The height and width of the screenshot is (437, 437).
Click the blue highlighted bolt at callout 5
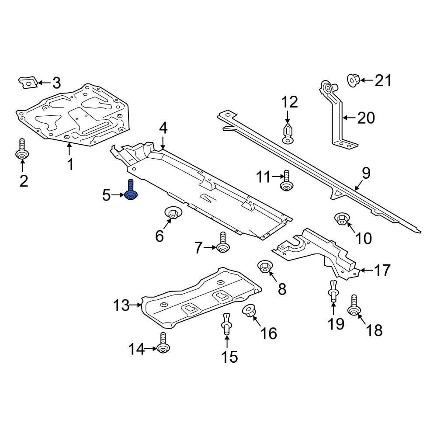click(131, 191)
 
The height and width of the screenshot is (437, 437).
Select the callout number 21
click(383, 80)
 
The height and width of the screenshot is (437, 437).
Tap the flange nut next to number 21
click(354, 80)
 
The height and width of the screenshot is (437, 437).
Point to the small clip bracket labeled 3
click(28, 83)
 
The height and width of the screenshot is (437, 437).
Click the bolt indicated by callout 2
click(22, 149)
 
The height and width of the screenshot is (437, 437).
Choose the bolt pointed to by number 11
click(287, 181)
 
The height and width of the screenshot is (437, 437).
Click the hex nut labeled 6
click(173, 213)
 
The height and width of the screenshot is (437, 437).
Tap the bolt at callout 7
click(223, 243)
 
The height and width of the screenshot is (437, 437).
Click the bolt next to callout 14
click(163, 343)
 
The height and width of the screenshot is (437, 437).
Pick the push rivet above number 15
click(226, 324)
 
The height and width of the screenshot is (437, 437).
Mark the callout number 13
click(121, 305)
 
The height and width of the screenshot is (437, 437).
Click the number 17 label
click(382, 271)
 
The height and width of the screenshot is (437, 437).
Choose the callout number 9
click(366, 173)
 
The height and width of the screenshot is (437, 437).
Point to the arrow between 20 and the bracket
click(349, 118)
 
